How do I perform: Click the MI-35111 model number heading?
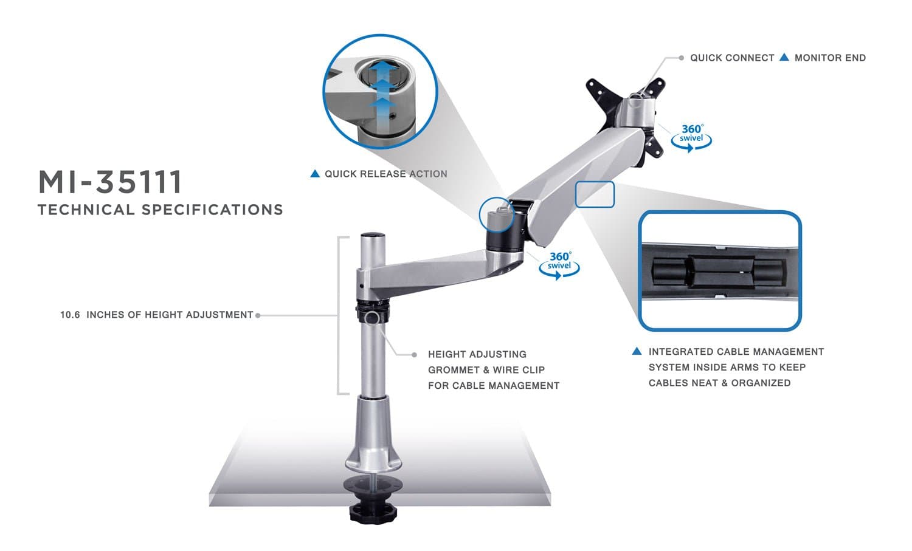110,182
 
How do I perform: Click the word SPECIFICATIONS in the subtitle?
212,210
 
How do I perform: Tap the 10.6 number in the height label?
69,315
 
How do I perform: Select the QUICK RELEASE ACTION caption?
385,174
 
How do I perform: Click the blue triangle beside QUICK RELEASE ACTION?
315,174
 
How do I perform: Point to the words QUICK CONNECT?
732,58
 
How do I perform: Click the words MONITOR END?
830,58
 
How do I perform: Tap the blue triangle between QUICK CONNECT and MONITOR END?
784,57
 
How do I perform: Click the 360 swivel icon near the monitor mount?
691,137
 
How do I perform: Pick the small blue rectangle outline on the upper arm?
595,194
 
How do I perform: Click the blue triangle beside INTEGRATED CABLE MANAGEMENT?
637,351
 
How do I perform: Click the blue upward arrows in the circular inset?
382,91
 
